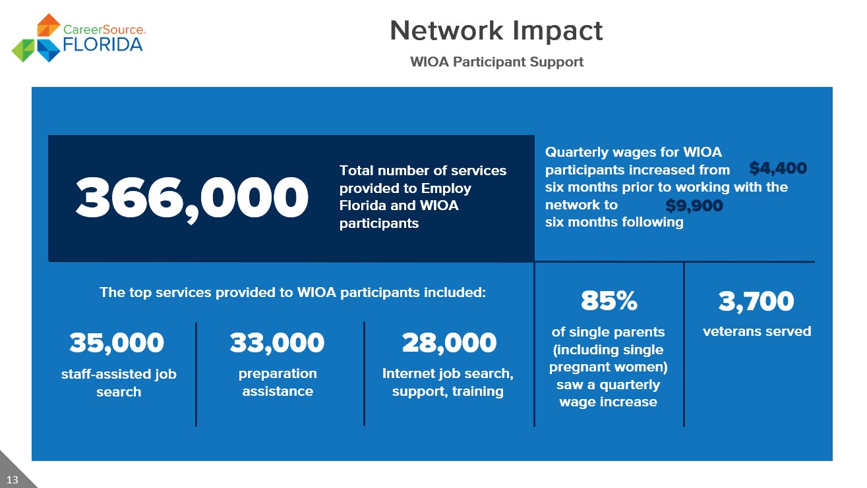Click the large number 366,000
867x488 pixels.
pos(192,199)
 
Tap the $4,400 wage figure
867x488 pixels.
pos(778,168)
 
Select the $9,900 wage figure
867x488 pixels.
pos(694,205)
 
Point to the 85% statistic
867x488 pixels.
pos(609,300)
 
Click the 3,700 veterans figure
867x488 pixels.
pos(756,302)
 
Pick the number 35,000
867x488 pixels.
pos(117,343)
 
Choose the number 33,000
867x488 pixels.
pos(277,343)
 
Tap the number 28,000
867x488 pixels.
pos(449,343)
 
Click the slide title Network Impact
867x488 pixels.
pos(496,31)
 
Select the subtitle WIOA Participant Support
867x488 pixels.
pos(496,62)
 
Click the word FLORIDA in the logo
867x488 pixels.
pos(103,45)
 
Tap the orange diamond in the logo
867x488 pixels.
pos(48,25)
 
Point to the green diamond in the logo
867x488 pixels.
pos(23,51)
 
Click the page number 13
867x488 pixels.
pos(13,480)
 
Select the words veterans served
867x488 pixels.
pos(757,331)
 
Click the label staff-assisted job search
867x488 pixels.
pos(119,383)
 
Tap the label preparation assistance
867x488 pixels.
pos(278,382)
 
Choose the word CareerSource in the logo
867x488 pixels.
pos(104,30)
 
